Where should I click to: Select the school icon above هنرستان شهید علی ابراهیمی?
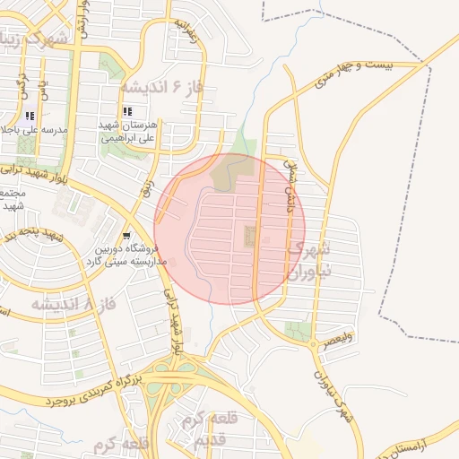tap(139, 111)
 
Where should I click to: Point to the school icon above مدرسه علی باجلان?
tap(30, 116)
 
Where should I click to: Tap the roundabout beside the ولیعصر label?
tap(312, 343)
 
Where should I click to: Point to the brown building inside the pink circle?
tap(249, 238)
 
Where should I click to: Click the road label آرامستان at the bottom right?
tap(421, 446)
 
